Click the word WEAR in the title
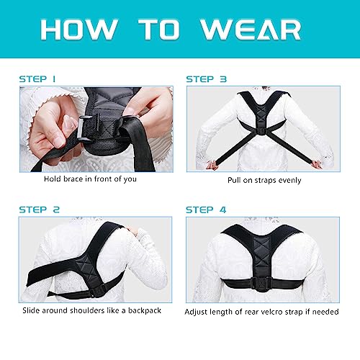(251, 30)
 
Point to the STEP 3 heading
(207, 78)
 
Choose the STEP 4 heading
(207, 210)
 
